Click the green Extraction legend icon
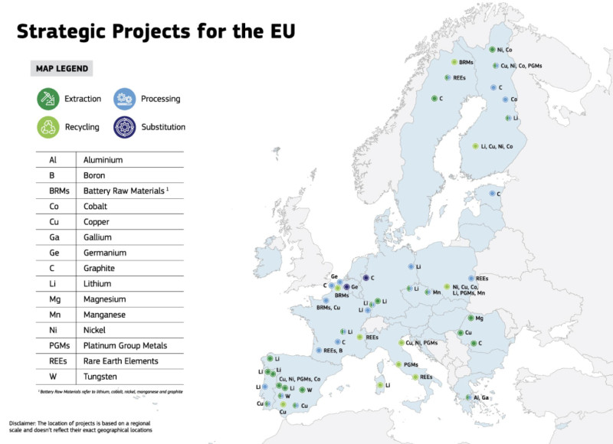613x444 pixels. (48, 98)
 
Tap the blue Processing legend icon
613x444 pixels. (124, 98)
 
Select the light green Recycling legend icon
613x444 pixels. (48, 126)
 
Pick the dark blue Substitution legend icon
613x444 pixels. (124, 126)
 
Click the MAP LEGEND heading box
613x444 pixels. (61, 69)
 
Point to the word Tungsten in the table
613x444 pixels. (101, 376)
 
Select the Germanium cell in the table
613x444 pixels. (106, 253)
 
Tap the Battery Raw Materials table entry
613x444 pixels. (125, 191)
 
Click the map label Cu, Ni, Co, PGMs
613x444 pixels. (521, 66)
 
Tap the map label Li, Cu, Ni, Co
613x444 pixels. (497, 145)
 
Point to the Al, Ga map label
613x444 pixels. (480, 397)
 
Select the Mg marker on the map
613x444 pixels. (470, 318)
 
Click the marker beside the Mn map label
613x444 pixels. (427, 292)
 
